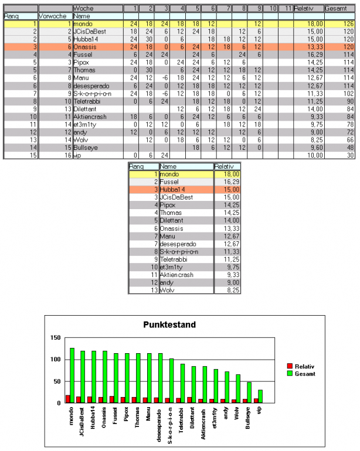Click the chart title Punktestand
(x=170, y=324)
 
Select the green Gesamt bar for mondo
(x=72, y=375)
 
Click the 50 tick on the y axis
(x=57, y=381)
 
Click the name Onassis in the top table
(x=86, y=46)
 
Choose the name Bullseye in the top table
(x=87, y=148)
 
